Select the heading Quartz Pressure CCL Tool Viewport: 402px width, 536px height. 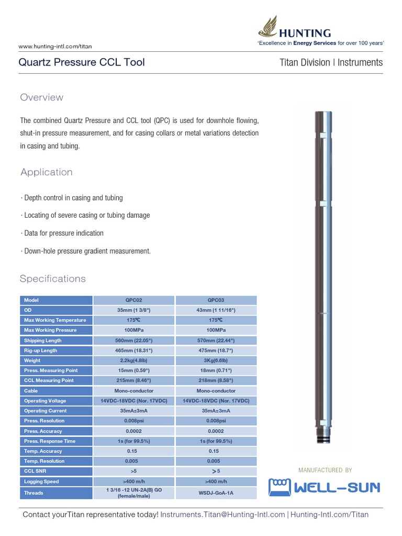[82, 63]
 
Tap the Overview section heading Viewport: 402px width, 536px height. [41, 97]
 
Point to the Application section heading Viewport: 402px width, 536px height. [46, 172]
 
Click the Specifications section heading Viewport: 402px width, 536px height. [52, 278]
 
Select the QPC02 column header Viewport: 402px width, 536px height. [133, 300]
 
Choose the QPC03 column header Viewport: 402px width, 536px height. [216, 300]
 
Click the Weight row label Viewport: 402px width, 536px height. [32, 361]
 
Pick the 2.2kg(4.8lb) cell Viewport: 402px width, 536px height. [133, 361]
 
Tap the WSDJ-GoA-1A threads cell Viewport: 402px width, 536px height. [216, 493]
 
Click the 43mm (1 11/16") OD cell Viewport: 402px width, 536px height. [216, 310]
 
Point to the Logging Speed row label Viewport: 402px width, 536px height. [41, 482]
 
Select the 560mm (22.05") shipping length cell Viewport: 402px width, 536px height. [133, 341]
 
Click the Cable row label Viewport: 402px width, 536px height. [31, 391]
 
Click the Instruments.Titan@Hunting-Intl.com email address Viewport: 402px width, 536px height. [222, 515]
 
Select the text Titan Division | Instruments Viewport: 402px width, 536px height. [331, 63]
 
